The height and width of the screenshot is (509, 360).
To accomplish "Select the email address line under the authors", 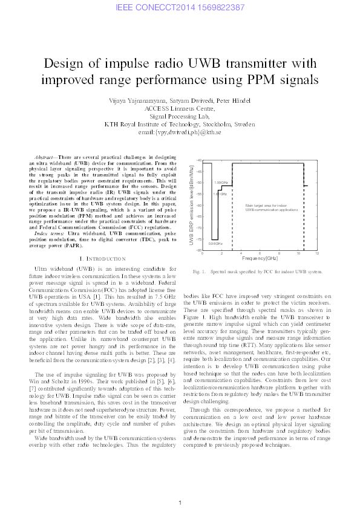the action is [x=180, y=131].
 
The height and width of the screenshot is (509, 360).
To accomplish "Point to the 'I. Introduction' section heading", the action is [x=98, y=259].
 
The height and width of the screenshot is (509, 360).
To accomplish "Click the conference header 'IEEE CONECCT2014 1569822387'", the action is [x=180, y=7].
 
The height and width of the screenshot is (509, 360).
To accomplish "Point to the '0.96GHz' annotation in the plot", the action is [x=215, y=243].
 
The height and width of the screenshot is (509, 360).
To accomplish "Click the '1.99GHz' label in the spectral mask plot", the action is [x=221, y=182].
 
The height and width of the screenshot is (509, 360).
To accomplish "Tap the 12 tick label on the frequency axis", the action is [x=317, y=253].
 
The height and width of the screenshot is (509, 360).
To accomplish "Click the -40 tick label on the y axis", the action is [x=199, y=160].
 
